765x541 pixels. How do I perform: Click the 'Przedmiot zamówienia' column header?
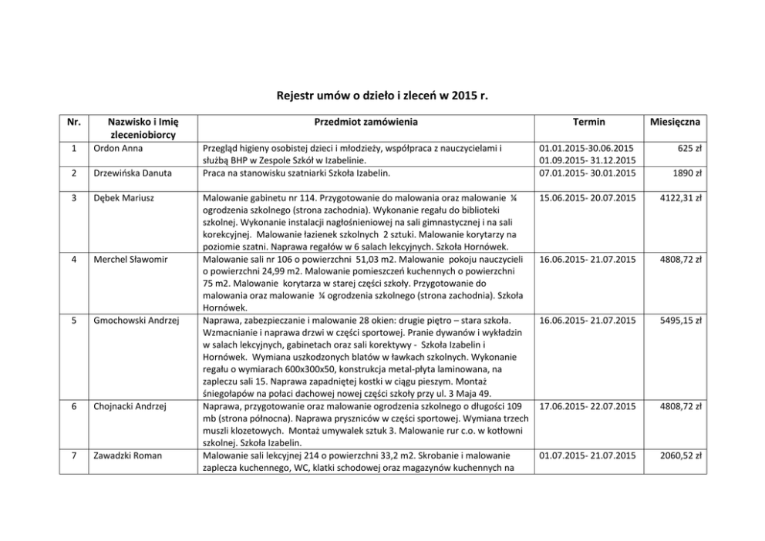click(x=366, y=122)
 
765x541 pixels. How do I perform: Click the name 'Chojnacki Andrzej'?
click(x=130, y=406)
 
